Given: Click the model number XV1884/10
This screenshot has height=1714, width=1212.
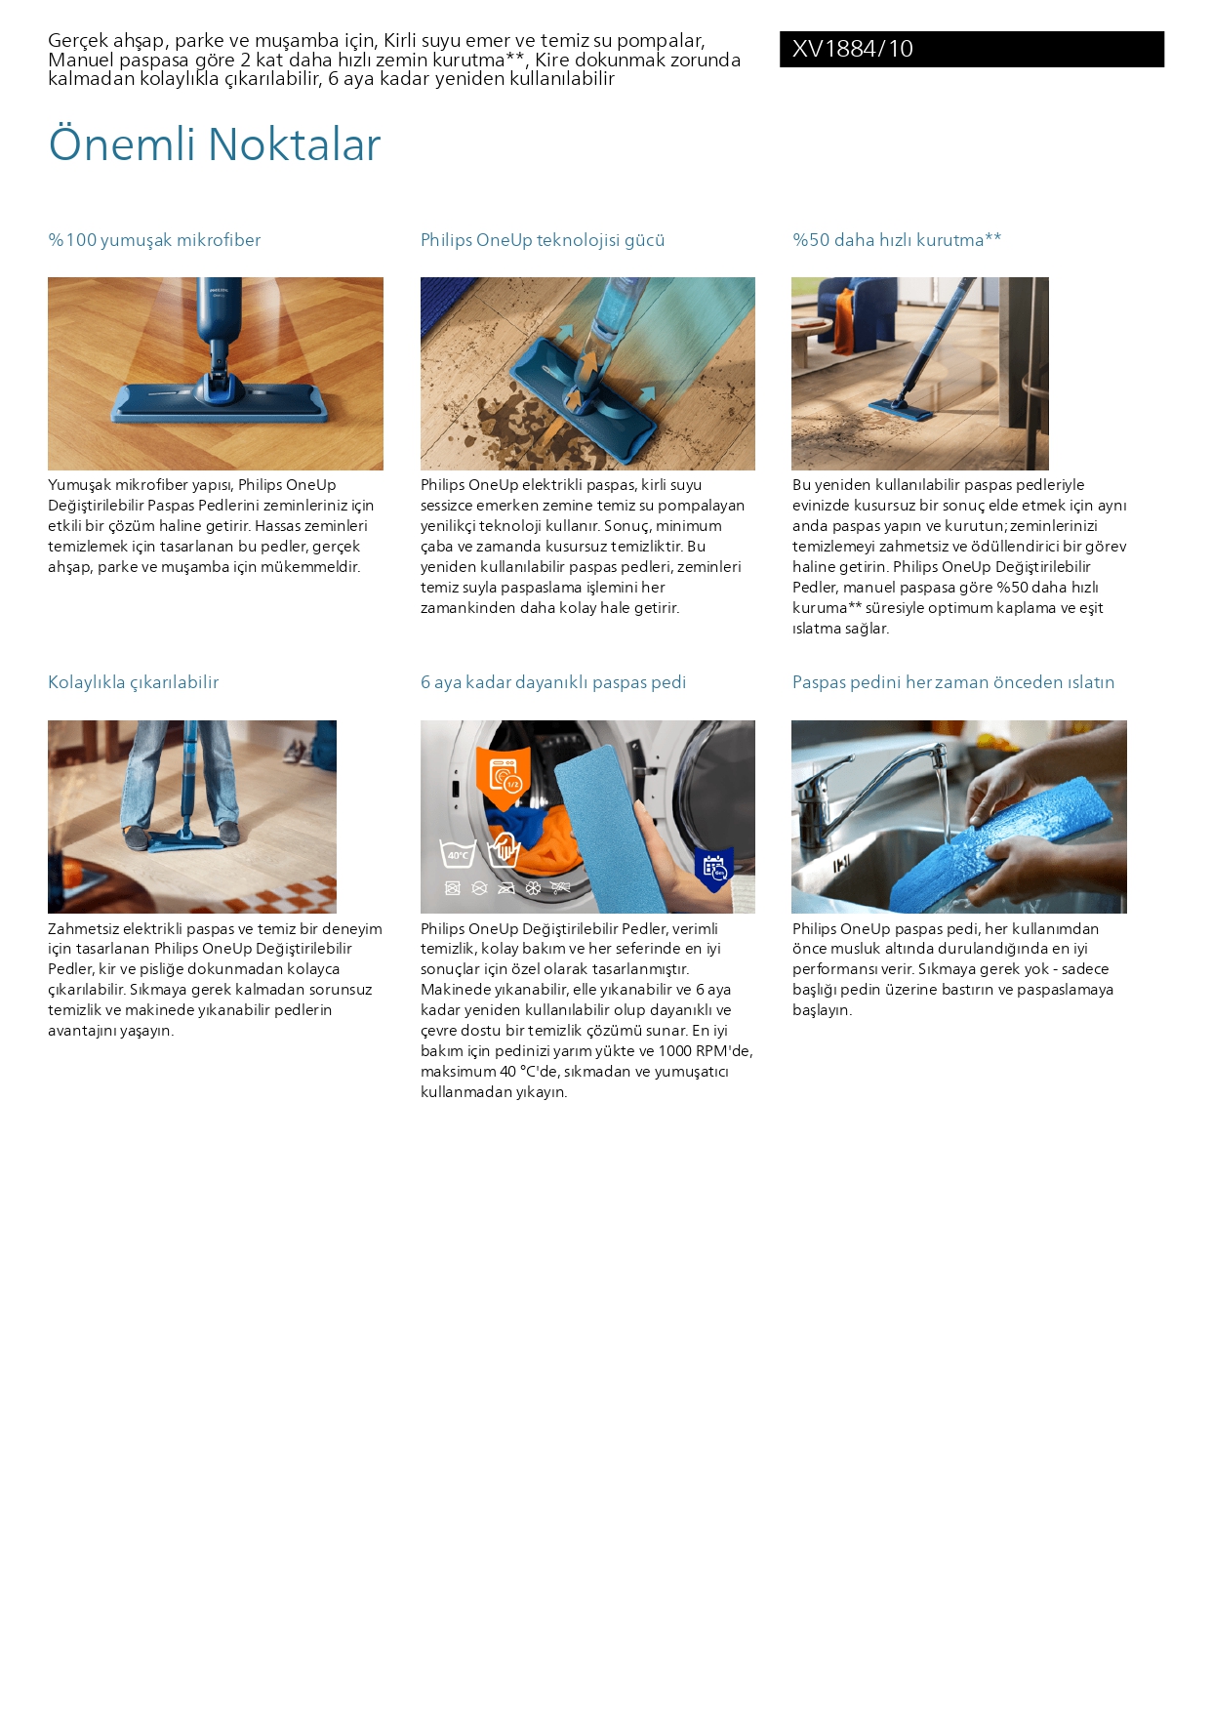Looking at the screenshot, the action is (x=853, y=49).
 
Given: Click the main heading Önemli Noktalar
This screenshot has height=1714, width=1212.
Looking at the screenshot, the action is (x=215, y=144).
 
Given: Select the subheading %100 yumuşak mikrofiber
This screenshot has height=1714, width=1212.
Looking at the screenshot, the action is (x=154, y=240).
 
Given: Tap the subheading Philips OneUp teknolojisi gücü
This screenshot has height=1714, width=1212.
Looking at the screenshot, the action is (x=543, y=240).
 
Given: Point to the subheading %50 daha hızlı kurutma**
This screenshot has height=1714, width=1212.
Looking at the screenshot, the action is (x=897, y=240).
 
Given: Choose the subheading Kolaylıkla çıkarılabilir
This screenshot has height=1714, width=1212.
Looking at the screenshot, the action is (x=134, y=682).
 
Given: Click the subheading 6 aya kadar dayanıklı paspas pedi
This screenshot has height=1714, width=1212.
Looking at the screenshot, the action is (x=553, y=682).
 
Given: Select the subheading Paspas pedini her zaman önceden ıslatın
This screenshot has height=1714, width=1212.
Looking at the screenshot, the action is (x=953, y=682).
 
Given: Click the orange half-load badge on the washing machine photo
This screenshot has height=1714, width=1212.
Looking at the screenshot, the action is (x=504, y=777).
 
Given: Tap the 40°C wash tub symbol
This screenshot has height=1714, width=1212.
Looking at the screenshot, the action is (x=458, y=853).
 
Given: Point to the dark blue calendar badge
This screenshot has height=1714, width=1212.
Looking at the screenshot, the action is (x=713, y=869).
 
